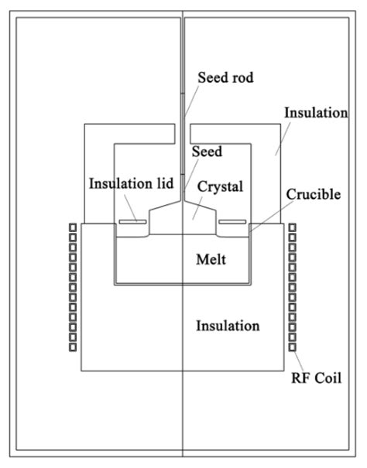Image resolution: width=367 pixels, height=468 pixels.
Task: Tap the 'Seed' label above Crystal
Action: (x=208, y=152)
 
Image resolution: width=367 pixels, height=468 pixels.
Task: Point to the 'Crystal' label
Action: (x=221, y=186)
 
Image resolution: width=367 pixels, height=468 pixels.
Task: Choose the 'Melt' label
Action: (x=211, y=258)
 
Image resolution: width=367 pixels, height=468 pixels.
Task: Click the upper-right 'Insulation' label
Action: (x=315, y=113)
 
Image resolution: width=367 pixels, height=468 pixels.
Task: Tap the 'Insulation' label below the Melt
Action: (x=227, y=326)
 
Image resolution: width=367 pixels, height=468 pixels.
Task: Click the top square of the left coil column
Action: (x=71, y=228)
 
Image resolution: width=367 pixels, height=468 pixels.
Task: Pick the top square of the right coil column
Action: (x=292, y=228)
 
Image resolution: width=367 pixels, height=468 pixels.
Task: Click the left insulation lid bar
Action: (x=132, y=223)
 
